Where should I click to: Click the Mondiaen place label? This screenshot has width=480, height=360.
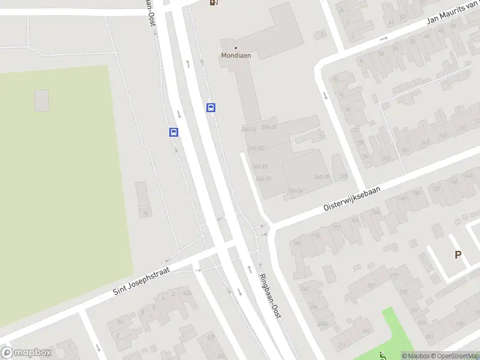tap(235, 55)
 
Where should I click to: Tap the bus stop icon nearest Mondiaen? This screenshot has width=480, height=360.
tap(211, 108)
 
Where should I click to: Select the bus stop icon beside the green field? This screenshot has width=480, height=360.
tap(173, 133)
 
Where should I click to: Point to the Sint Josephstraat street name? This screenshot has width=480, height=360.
tap(142, 281)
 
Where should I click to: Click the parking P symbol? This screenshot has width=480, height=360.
tap(458, 255)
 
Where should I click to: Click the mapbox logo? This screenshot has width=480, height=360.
tap(26, 353)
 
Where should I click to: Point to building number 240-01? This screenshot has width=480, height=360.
tap(248, 130)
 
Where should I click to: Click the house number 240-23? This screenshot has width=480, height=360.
tap(260, 166)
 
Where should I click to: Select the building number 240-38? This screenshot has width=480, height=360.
tap(323, 176)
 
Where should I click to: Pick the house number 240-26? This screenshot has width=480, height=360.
tap(295, 191)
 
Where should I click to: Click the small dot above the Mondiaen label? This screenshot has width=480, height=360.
tap(235, 47)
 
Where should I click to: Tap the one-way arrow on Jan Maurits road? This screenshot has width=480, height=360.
tap(384, 38)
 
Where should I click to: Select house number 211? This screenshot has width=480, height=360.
tap(341, 346)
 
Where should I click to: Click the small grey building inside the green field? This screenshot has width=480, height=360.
tap(41, 100)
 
